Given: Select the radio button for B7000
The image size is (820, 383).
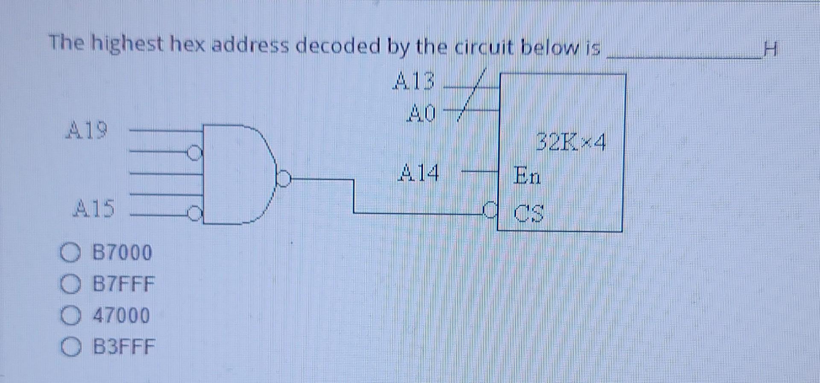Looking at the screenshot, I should click(x=69, y=252).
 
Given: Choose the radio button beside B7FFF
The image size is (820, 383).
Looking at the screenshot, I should click(x=69, y=284).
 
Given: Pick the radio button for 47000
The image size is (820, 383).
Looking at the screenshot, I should click(x=69, y=316).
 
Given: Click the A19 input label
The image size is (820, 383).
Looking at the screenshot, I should click(x=87, y=130).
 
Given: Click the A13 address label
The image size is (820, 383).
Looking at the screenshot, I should click(x=413, y=81).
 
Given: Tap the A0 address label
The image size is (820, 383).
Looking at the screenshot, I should click(x=422, y=113).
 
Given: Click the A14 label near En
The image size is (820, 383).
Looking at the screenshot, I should click(x=419, y=174).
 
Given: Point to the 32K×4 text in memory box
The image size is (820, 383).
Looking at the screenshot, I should click(x=571, y=143).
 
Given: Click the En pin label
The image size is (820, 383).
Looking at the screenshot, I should click(x=527, y=175).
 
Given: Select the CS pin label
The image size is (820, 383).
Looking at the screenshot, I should click(x=529, y=213).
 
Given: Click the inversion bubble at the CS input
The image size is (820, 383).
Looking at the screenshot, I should click(x=491, y=209).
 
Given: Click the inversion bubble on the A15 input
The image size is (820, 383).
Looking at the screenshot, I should click(x=195, y=212).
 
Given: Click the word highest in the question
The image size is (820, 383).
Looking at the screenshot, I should click(x=129, y=44).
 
